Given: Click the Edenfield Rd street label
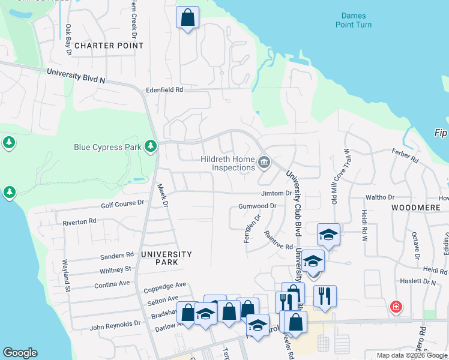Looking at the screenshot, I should [x=164, y=89].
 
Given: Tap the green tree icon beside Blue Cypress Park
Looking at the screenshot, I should [x=150, y=146].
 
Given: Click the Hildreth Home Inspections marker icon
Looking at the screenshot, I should [x=264, y=163].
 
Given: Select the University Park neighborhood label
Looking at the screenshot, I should [x=166, y=254].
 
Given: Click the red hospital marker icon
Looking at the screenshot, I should [x=396, y=307].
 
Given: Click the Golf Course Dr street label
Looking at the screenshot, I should [x=122, y=203].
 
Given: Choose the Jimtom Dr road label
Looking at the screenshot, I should [x=276, y=193].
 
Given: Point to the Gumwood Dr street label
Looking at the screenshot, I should [x=257, y=206].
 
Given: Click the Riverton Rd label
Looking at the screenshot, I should [x=80, y=221].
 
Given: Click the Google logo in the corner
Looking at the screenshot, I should [x=20, y=353].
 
